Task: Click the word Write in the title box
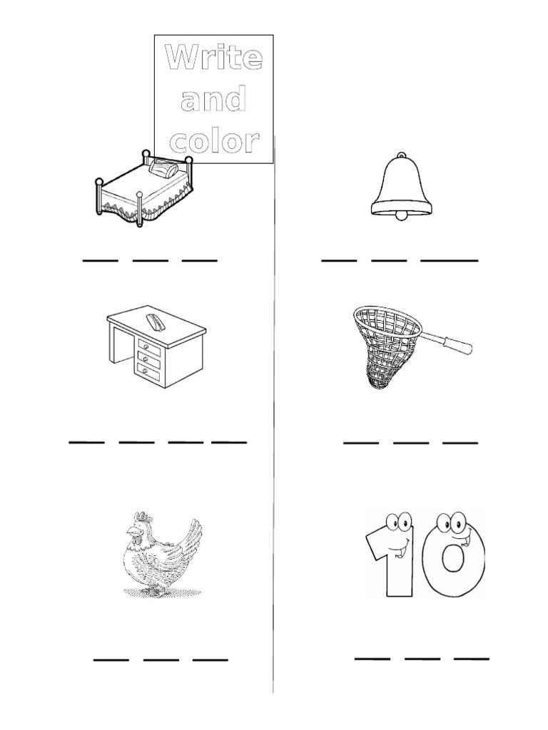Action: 213,58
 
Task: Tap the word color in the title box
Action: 213,141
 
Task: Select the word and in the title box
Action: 213,100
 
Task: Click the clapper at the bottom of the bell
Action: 402,214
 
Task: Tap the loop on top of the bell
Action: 402,155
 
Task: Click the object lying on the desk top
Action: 155,322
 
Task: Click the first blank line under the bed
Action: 100,260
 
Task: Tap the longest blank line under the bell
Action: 449,260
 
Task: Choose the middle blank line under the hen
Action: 161,659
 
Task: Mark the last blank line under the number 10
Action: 472,657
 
